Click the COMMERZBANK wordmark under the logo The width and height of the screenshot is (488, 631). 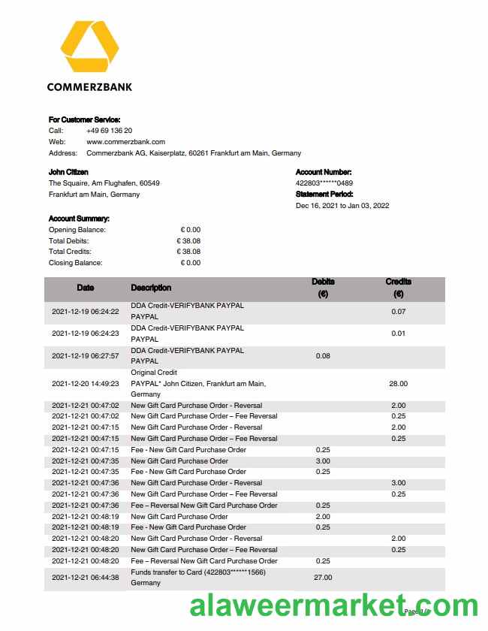[89, 86]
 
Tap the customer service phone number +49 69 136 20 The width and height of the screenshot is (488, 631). [110, 131]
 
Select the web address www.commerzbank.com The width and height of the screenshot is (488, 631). [125, 142]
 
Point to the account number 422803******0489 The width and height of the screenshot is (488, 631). [324, 183]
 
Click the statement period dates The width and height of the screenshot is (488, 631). [342, 206]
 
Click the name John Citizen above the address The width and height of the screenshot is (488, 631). [68, 172]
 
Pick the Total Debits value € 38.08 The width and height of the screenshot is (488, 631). [188, 241]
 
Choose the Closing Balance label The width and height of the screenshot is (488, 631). [75, 263]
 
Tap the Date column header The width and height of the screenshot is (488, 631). [86, 288]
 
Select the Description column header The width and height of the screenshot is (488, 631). [151, 288]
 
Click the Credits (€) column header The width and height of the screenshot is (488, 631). [398, 288]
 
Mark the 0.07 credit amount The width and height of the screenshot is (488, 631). [398, 312]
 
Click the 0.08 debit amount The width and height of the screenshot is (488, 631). [323, 356]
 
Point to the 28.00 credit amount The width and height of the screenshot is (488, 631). [398, 384]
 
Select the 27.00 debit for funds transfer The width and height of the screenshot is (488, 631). [323, 578]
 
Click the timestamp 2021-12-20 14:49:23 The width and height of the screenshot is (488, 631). [86, 384]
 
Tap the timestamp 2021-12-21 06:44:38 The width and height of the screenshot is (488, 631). [86, 578]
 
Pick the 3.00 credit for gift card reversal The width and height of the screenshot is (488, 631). [398, 483]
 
